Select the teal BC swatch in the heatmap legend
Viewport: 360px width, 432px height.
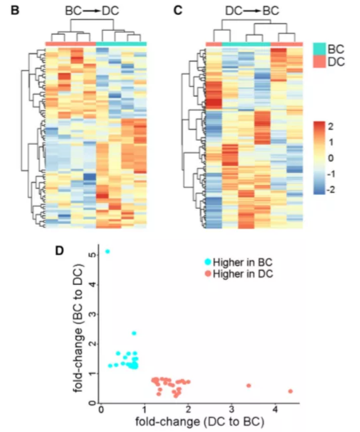point(318,49)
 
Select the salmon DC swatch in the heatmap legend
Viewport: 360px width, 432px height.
point(318,62)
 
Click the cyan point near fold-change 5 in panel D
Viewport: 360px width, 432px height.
point(107,251)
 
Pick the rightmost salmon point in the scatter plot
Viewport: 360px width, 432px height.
point(291,391)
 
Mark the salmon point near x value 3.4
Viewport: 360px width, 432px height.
point(248,385)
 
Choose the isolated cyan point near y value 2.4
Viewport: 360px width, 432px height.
point(134,334)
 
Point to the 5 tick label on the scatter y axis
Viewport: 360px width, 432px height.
point(93,255)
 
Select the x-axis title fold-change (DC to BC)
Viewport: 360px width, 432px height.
point(200,422)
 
